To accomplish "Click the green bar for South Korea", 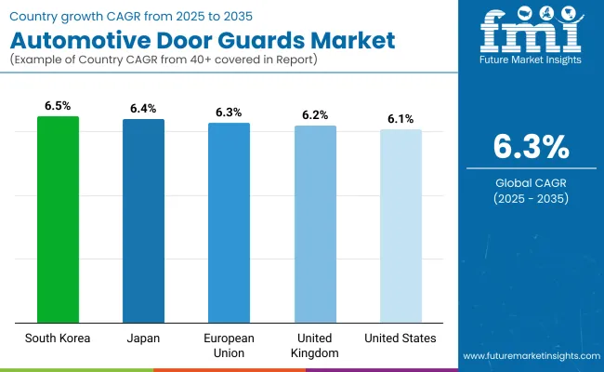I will tap(58, 219).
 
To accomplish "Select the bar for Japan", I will tap(143, 220).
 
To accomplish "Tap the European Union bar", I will tap(229, 222).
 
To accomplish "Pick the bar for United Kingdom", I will tap(315, 223).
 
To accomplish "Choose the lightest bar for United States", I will tap(400, 225).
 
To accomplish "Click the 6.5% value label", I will tap(58, 107).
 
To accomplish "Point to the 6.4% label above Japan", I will tap(143, 109).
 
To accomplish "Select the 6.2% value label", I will tap(315, 115).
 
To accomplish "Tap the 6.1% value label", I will tap(400, 119).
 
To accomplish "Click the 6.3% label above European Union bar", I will tap(229, 113).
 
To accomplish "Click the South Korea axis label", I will tap(58, 338).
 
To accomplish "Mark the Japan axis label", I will tap(143, 338).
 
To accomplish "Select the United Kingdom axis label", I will tap(315, 345).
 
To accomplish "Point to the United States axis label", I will tap(400, 338).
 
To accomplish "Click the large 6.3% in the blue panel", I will tap(530, 146).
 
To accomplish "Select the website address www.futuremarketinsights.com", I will tap(528, 356).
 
